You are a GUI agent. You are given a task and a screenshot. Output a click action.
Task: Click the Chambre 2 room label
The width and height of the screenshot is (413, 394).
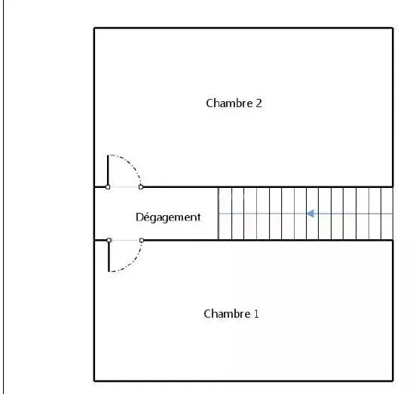(234, 103)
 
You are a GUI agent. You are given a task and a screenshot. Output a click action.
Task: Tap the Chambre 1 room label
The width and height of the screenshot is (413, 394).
(231, 314)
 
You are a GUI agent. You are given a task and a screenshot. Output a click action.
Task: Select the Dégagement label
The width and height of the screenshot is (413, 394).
(168, 217)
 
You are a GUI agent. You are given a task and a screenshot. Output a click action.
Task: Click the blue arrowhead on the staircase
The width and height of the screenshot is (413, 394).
(311, 214)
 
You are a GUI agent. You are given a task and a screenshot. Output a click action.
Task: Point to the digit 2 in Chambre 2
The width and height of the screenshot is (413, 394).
(259, 103)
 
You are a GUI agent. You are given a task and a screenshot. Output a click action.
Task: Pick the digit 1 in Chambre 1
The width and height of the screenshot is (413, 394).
(256, 314)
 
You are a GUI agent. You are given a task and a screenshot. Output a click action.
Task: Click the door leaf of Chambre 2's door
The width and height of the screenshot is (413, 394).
(108, 171)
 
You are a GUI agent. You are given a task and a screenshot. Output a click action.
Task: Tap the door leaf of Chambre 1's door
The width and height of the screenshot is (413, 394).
(109, 256)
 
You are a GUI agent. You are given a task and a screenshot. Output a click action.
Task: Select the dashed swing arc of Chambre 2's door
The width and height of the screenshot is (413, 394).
(130, 164)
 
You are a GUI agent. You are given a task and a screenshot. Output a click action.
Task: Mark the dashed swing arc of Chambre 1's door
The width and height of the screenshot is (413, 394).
(132, 263)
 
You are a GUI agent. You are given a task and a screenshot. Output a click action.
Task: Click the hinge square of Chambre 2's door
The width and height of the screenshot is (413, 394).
(108, 187)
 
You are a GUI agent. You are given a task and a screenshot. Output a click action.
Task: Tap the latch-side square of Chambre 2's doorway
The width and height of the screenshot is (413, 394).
(141, 187)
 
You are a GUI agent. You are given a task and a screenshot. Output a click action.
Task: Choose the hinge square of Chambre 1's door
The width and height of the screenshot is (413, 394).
(109, 240)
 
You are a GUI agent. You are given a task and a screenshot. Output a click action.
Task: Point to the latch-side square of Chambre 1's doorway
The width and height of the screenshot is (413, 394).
(142, 240)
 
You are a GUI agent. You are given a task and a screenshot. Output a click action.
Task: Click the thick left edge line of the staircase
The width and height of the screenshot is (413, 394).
(219, 214)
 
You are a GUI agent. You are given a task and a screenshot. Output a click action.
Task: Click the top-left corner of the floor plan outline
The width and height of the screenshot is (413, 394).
(94, 28)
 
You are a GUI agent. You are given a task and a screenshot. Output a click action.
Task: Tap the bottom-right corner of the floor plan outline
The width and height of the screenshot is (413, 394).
(393, 381)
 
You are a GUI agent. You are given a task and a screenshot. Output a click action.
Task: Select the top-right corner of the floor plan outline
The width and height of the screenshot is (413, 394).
(393, 28)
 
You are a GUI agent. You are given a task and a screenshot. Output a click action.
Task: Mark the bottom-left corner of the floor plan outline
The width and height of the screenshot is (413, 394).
(94, 381)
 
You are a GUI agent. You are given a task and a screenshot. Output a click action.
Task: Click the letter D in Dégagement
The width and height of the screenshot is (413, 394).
(139, 217)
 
